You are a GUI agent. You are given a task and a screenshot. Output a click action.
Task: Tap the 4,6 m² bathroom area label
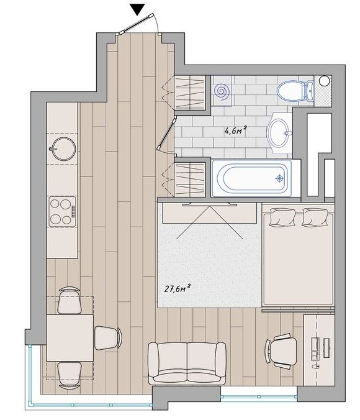[235, 130]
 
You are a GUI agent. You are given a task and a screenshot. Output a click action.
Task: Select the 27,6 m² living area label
[178, 289]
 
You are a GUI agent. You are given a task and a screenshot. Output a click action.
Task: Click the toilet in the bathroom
[295, 91]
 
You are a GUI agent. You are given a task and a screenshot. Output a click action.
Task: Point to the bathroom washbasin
[279, 132]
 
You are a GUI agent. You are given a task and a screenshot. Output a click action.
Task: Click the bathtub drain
[280, 178]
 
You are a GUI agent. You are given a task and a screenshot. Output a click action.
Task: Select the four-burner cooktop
[62, 212]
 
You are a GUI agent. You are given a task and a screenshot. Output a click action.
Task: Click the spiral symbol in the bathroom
[222, 91]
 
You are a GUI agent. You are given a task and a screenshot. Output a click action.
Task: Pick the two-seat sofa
[187, 363]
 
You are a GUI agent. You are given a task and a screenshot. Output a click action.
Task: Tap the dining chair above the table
[70, 301]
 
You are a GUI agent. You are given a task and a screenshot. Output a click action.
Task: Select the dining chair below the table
[70, 375]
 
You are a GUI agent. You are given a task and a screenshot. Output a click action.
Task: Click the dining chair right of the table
[108, 338]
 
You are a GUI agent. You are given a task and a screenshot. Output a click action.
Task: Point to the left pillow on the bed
[283, 217]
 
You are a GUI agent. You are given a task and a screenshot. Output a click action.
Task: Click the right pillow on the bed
[315, 217]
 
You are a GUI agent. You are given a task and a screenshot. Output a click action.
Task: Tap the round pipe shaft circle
[325, 81]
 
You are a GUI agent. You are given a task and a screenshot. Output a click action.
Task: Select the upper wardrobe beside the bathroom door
[190, 93]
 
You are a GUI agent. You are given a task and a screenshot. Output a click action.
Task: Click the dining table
[70, 338]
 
